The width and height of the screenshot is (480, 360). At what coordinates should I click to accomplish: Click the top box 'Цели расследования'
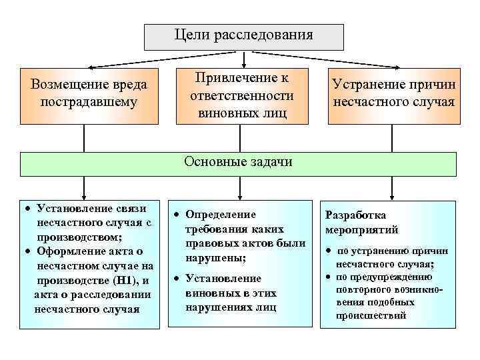244,37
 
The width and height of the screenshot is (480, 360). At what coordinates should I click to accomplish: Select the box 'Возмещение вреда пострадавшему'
89,96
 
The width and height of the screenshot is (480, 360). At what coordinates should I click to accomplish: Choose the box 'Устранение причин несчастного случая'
393,96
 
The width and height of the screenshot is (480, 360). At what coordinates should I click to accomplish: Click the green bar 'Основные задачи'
238,163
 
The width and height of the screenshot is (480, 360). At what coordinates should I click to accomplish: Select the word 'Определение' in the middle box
221,214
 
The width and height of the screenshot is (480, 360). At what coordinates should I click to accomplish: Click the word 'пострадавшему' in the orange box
89,103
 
